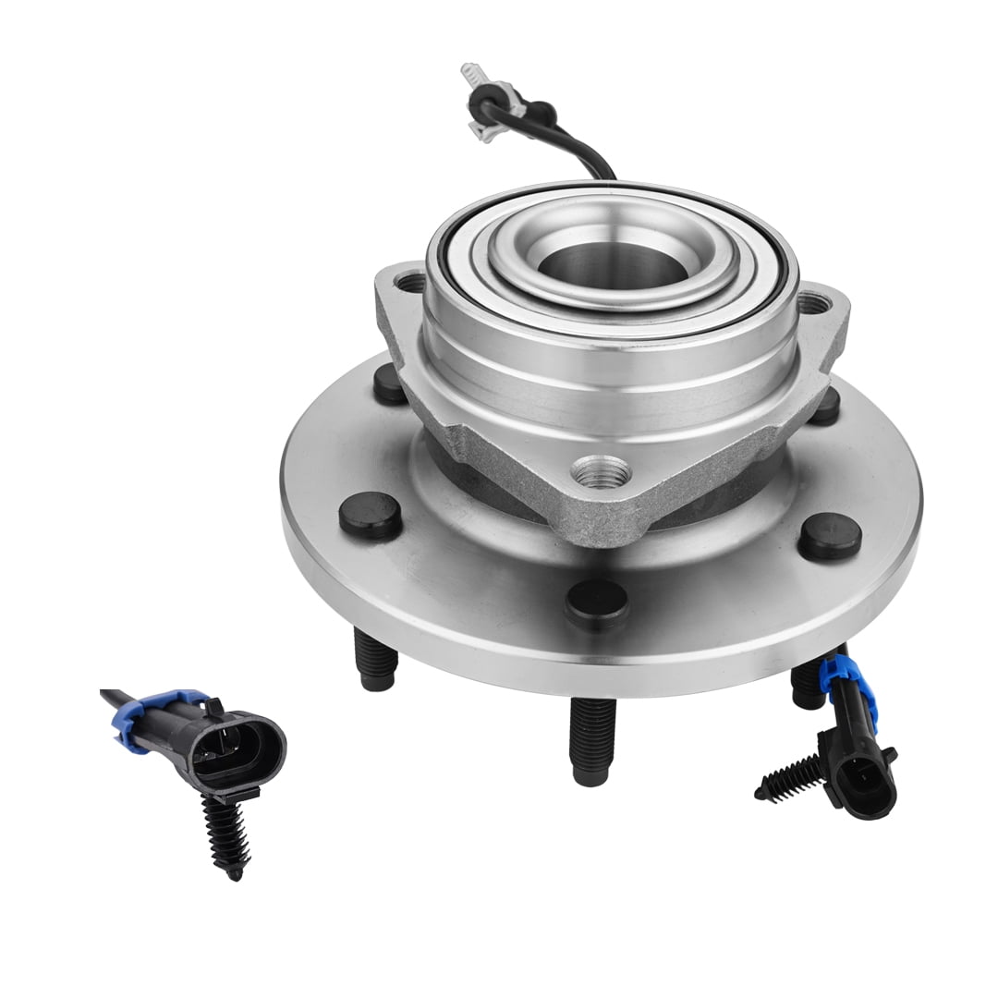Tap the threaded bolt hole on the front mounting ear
[x=601, y=474]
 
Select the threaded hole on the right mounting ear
[x=812, y=301]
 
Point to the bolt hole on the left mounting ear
[x=409, y=282]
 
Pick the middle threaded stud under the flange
[x=590, y=739]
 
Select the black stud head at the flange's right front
[x=829, y=537]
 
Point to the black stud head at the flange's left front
[x=371, y=516]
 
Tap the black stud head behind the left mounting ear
[x=389, y=384]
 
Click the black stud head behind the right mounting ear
[x=825, y=407]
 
